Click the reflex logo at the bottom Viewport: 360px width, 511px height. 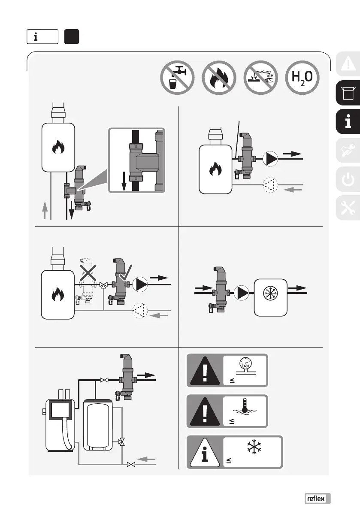pyautogui.click(x=318, y=498)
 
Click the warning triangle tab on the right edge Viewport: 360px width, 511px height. pyautogui.click(x=348, y=64)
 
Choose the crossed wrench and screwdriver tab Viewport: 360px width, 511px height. pyautogui.click(x=348, y=206)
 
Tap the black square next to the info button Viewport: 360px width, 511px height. pyautogui.click(x=71, y=36)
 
